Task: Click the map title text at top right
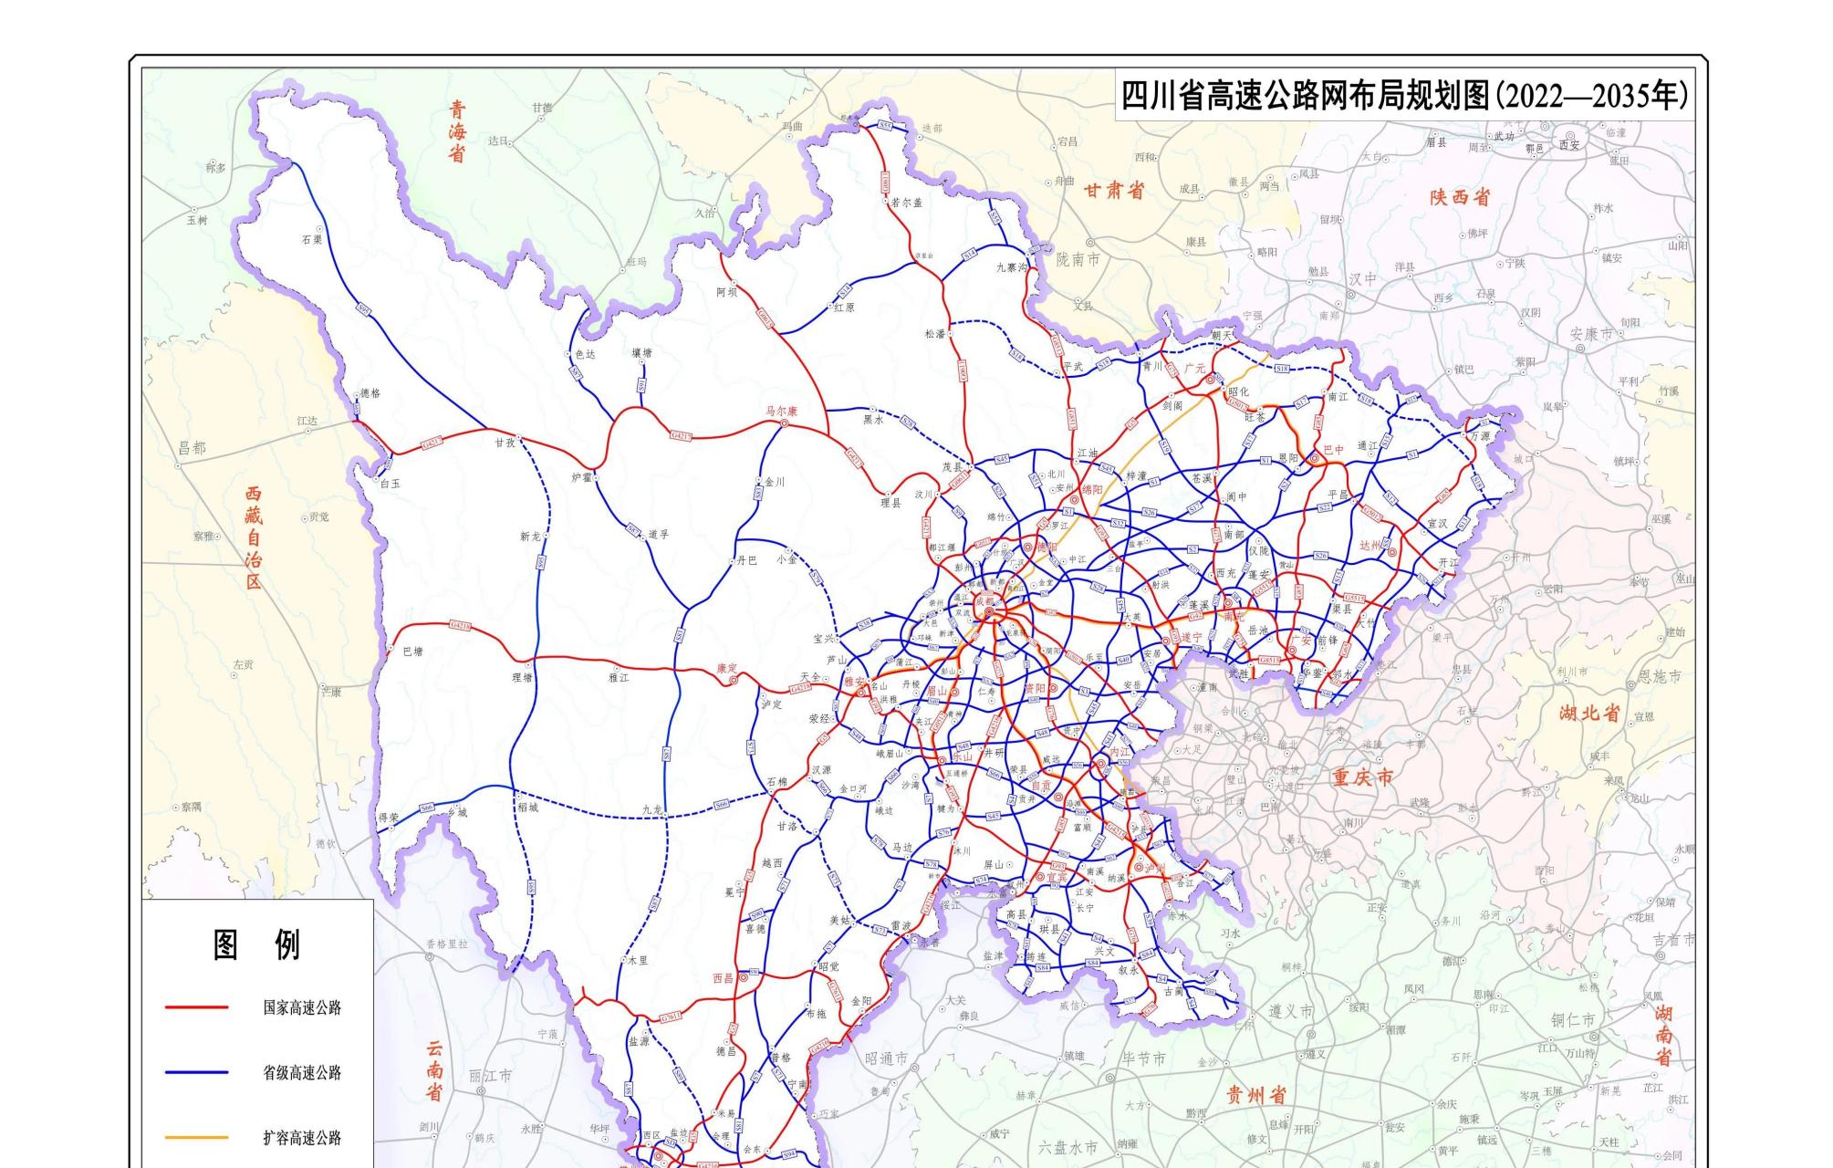coord(1404,95)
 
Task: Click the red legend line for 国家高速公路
coord(196,1007)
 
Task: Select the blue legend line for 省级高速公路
coord(196,1072)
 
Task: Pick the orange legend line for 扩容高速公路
coord(196,1138)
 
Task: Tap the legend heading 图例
coord(256,945)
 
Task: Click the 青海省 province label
coord(457,131)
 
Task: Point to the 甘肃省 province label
coord(1113,191)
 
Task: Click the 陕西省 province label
coord(1460,196)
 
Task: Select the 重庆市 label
coord(1362,777)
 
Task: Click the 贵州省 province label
coord(1255,1094)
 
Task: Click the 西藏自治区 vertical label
coord(253,537)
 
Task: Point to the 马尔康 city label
coord(781,412)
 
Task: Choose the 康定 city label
coord(726,668)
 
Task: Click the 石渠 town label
coord(312,240)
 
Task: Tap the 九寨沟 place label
coord(1012,267)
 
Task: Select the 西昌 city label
coord(723,978)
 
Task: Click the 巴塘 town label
coord(412,652)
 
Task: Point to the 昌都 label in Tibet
coord(192,448)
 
